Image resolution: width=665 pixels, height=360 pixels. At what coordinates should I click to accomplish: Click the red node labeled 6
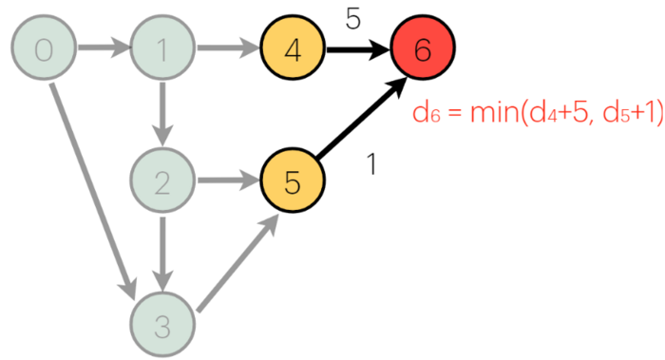[423, 49]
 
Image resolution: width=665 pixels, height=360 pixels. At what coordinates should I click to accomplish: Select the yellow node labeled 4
[293, 49]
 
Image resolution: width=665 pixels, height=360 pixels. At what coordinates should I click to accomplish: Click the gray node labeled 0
[43, 49]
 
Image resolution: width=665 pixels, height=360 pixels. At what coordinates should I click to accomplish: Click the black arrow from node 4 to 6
[356, 49]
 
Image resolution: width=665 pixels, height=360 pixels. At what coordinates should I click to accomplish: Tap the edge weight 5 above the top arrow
[352, 18]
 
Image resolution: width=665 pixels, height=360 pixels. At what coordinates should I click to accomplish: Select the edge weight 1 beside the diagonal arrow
[371, 163]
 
